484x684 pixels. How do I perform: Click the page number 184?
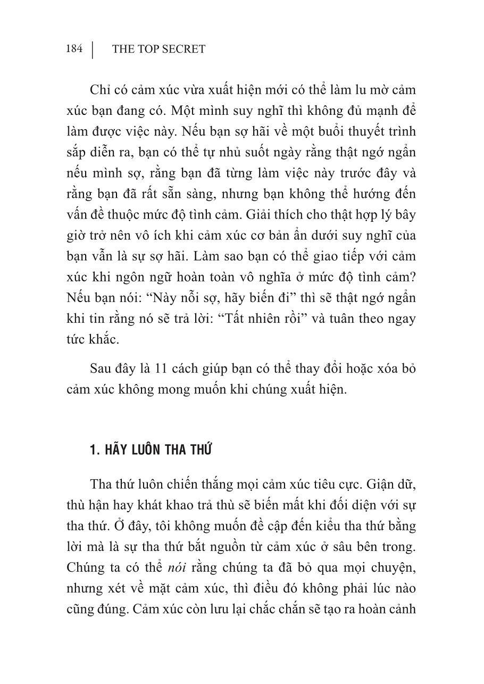74,49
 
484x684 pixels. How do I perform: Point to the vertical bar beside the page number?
93,49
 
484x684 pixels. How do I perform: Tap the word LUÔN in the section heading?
144,451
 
